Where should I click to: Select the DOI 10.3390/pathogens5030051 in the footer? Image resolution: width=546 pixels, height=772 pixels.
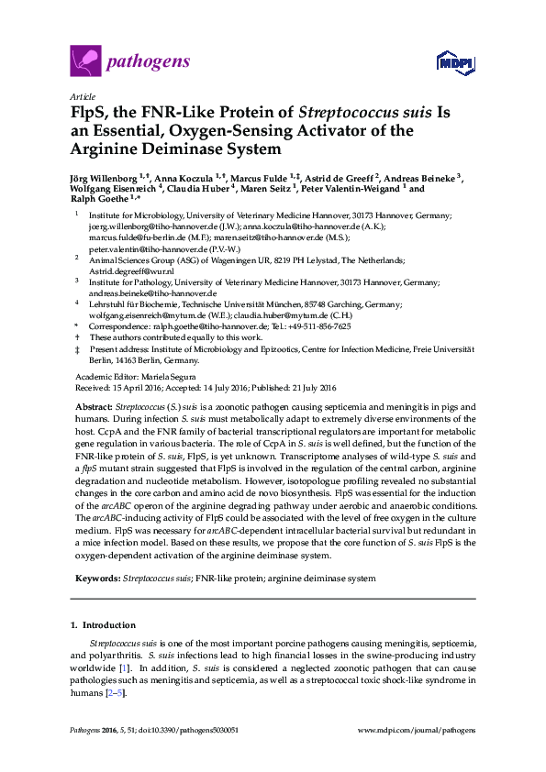(x=192, y=730)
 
